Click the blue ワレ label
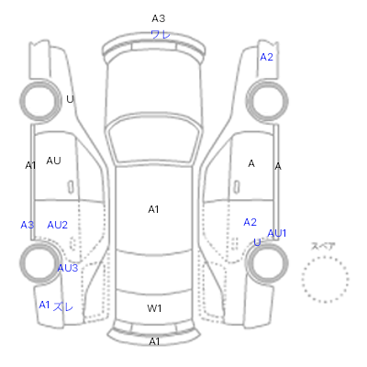pos(161,34)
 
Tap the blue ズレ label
pos(63,306)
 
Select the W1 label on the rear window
pos(154,308)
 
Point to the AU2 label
pos(57,225)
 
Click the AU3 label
pos(68,268)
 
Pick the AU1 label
pos(277,233)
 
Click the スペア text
pos(323,246)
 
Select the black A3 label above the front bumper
pos(159,18)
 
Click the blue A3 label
pos(28,225)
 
